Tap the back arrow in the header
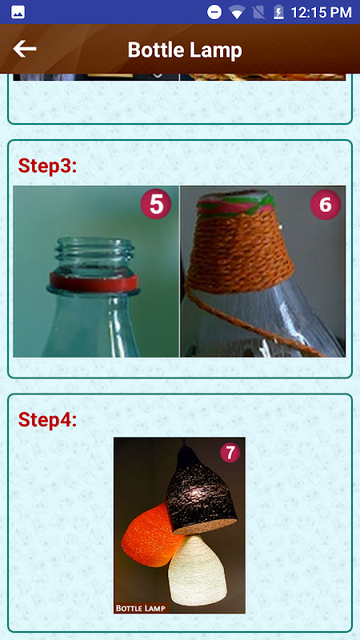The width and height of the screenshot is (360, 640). pyautogui.click(x=25, y=49)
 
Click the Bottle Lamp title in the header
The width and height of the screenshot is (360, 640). pyautogui.click(x=185, y=50)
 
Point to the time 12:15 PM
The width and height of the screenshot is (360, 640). pyautogui.click(x=321, y=12)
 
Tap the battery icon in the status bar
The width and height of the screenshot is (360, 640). pyautogui.click(x=278, y=12)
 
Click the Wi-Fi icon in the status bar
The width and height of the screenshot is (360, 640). pyautogui.click(x=236, y=12)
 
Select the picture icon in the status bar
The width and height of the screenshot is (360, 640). pyautogui.click(x=18, y=12)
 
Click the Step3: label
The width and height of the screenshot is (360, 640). pyautogui.click(x=47, y=166)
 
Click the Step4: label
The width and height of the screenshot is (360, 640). pyautogui.click(x=47, y=419)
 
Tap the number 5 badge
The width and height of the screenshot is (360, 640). pyautogui.click(x=156, y=205)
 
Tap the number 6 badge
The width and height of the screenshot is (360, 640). pyautogui.click(x=326, y=205)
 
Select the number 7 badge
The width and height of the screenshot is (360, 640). pyautogui.click(x=230, y=453)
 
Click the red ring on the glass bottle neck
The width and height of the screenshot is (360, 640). pyautogui.click(x=94, y=282)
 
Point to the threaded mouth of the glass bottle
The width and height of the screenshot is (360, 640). pyautogui.click(x=94, y=254)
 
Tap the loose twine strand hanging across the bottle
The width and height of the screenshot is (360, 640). pyautogui.click(x=253, y=322)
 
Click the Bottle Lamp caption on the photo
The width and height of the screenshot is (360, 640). pyautogui.click(x=141, y=608)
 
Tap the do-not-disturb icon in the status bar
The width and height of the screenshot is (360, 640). pyautogui.click(x=214, y=12)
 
